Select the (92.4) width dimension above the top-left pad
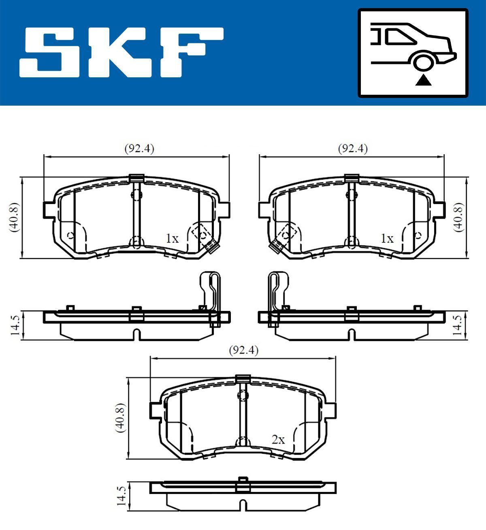pos(139,149)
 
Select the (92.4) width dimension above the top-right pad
pos(353,149)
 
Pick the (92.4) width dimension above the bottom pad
pos(243,350)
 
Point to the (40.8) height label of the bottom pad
pos(120,418)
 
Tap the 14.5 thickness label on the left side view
pos(15,325)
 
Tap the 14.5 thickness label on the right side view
pos(458,325)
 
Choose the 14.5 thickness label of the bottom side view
pos(121,496)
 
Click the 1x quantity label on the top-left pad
pos(172,238)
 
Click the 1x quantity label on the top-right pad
pos(387,238)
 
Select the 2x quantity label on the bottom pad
pos(278,440)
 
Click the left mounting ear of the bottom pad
pos(156,410)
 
